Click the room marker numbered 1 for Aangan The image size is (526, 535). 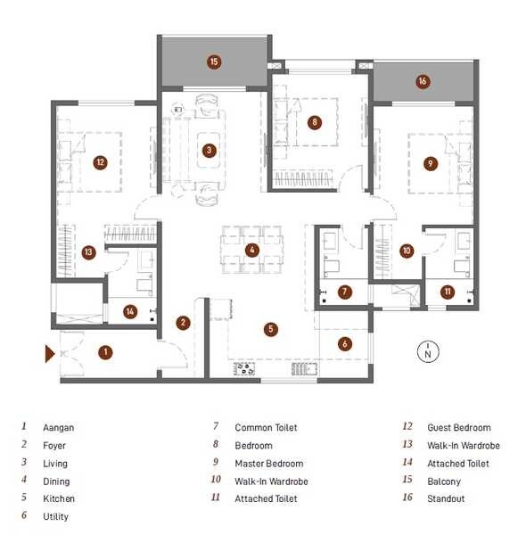click(x=105, y=352)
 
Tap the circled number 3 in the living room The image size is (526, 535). click(x=209, y=150)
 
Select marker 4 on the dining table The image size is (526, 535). click(x=252, y=251)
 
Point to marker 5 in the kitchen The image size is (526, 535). click(x=270, y=328)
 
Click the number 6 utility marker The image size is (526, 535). click(x=344, y=343)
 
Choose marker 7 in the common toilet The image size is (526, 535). click(x=345, y=292)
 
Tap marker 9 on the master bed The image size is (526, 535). click(x=431, y=164)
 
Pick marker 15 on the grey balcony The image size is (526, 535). click(x=214, y=62)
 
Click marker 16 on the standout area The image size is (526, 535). click(x=423, y=82)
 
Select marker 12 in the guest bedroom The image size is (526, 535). click(x=100, y=162)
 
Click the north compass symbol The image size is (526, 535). click(x=428, y=351)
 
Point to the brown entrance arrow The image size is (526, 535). click(x=51, y=354)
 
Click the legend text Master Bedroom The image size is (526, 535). click(x=268, y=464)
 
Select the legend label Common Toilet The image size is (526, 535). click(x=265, y=428)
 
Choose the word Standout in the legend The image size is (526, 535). click(x=446, y=499)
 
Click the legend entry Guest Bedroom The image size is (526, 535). click(x=458, y=428)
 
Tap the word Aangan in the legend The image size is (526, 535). click(x=59, y=428)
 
